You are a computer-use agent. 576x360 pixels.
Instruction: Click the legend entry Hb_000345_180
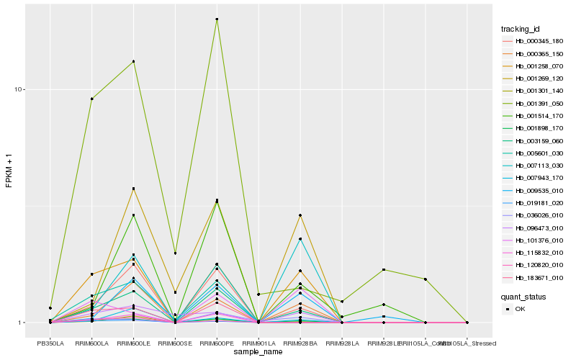click(534, 41)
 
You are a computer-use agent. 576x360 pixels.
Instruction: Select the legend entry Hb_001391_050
click(534, 103)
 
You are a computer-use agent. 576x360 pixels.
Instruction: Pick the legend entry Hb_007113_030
click(534, 166)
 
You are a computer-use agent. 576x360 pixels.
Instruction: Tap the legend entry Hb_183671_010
click(534, 277)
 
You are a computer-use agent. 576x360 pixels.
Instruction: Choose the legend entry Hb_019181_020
click(534, 203)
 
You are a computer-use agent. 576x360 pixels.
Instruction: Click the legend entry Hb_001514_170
click(534, 115)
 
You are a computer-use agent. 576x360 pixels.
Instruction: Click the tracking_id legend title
click(521, 29)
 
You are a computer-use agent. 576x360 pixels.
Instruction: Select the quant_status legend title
click(524, 296)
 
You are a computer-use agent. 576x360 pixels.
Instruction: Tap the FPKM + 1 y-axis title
click(9, 170)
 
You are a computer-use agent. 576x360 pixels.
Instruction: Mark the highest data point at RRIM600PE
click(217, 19)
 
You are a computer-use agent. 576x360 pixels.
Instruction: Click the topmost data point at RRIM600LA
click(91, 99)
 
